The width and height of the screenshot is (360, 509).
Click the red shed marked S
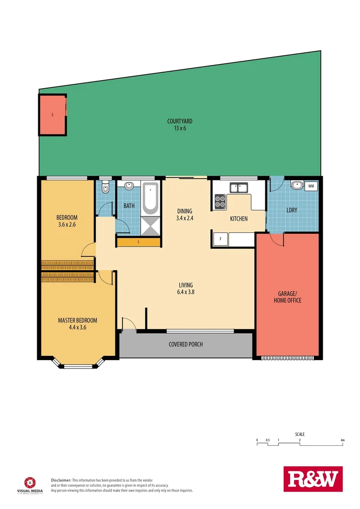[x=52, y=115]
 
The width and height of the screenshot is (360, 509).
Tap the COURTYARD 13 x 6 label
[x=180, y=124]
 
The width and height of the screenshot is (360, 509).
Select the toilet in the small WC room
[x=105, y=188]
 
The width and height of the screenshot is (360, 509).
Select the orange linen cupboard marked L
[x=139, y=242]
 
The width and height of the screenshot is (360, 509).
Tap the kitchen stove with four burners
[x=220, y=201]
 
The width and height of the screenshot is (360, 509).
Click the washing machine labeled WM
[x=311, y=186]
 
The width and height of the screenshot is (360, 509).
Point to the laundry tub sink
[x=297, y=186]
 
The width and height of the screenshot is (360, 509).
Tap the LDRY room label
[x=292, y=210]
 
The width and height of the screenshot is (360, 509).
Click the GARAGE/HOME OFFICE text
[x=287, y=297]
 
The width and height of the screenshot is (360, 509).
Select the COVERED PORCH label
[x=186, y=344]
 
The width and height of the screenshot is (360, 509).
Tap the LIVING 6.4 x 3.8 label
[x=186, y=288]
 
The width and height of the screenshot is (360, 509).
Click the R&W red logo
[x=312, y=480]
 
